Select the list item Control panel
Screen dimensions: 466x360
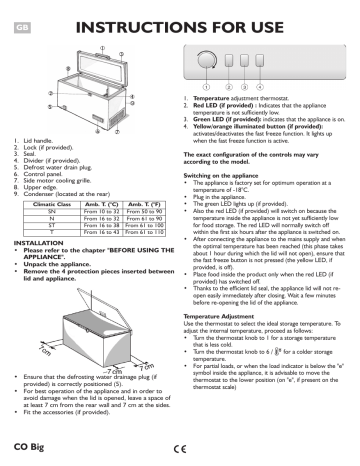[x=45, y=173]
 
